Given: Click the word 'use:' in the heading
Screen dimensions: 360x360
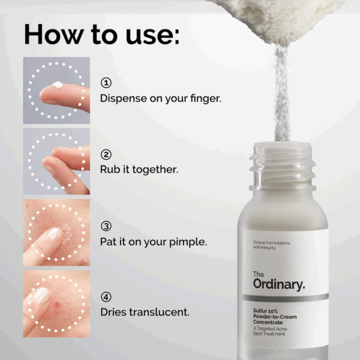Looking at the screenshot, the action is tap(152, 34).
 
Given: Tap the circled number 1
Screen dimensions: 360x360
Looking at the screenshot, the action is tap(106, 83).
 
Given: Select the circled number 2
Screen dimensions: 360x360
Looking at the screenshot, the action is tap(106, 155).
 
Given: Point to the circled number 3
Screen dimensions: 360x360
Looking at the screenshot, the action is tap(106, 226).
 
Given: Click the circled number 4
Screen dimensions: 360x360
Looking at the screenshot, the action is tap(106, 297).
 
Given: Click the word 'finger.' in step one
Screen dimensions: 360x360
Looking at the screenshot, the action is tap(206, 99).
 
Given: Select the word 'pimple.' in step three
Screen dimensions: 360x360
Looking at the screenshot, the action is tap(188, 242).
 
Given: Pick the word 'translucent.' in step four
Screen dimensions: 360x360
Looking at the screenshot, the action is tap(160, 312).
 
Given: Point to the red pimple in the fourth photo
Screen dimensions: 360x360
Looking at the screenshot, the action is tap(57, 305).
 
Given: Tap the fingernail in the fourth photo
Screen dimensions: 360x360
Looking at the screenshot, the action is tap(41, 295).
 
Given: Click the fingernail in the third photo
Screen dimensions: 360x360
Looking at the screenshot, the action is tap(54, 234).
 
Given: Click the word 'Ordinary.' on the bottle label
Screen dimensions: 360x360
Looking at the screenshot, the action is tap(279, 284).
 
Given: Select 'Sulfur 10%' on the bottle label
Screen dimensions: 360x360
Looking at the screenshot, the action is tap(265, 311).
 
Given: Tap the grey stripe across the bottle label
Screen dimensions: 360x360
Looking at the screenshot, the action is tap(286, 298).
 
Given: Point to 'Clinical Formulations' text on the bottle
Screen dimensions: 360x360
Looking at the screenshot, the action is tap(271, 242).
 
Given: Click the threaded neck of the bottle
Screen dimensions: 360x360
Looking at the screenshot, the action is tap(283, 166).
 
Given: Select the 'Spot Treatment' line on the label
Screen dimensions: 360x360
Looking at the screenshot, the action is tap(269, 334).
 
